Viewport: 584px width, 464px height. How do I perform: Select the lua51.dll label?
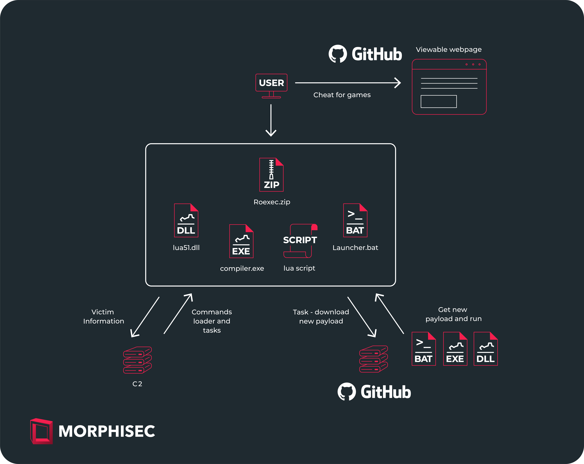pos(186,247)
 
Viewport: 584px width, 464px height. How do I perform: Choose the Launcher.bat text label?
pos(355,247)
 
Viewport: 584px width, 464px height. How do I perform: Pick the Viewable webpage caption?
pos(449,50)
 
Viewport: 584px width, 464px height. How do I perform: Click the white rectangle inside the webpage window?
pos(439,101)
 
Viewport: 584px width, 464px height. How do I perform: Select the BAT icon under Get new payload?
pos(424,349)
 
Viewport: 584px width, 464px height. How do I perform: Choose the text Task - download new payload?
pos(321,316)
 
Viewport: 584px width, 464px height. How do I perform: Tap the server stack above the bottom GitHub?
pos(374,359)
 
